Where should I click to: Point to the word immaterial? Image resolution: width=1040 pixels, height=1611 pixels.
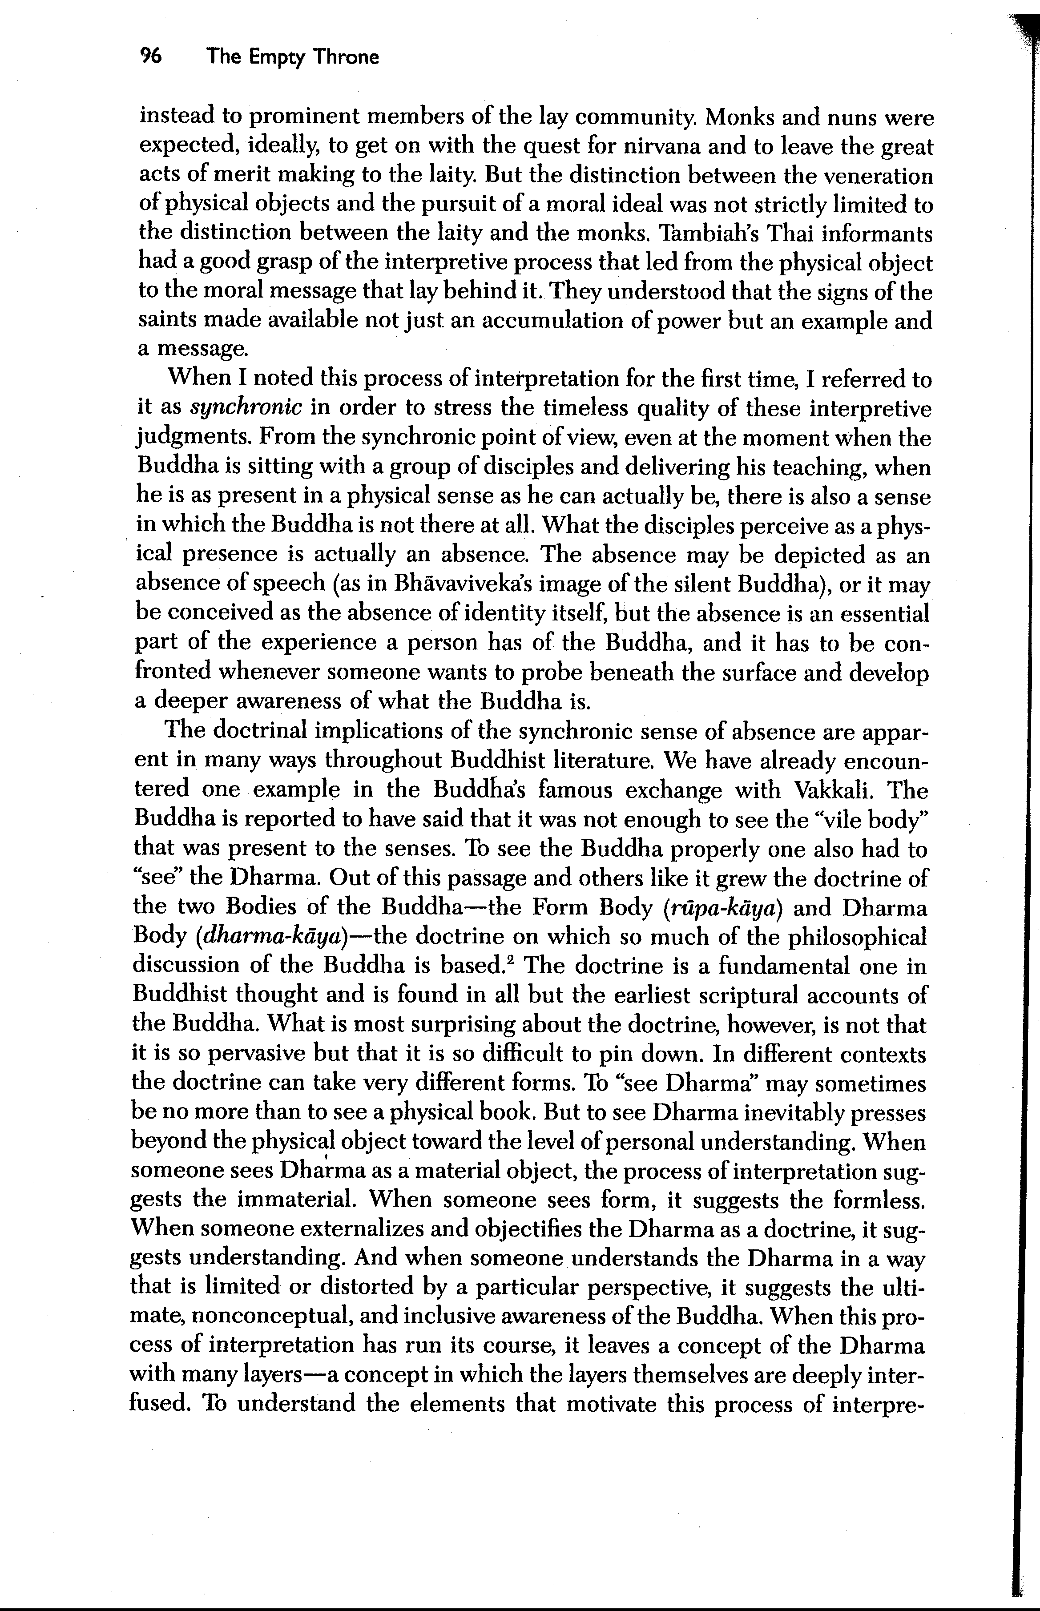(295, 1200)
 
